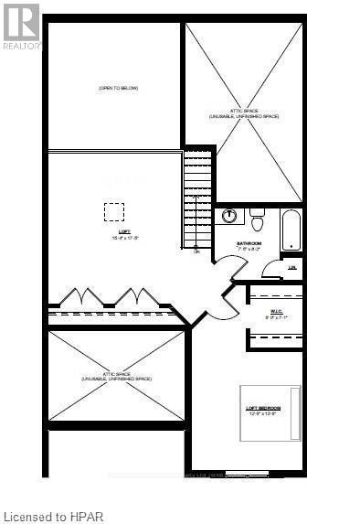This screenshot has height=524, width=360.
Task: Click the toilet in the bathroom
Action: tap(258, 220)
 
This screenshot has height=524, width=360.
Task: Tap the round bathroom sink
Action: tap(231, 217)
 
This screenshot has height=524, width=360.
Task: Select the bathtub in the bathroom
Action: tap(290, 230)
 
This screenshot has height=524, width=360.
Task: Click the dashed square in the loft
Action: tap(113, 211)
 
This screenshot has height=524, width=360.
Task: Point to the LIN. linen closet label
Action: tap(292, 267)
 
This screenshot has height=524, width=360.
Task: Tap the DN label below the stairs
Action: tap(196, 251)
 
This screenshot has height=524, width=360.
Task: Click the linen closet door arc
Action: tap(271, 270)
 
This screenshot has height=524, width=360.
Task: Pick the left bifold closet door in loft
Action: tap(80, 298)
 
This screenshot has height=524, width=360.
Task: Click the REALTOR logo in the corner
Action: tap(20, 26)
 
